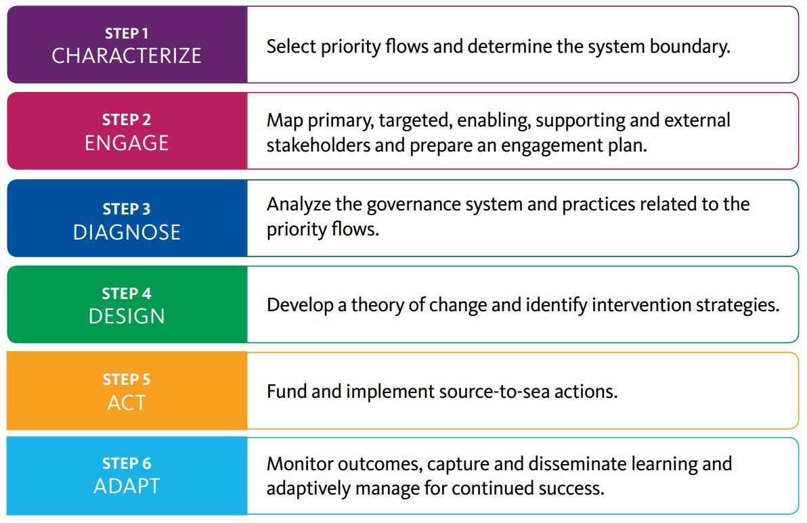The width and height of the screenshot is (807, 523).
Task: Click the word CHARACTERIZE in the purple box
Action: (x=127, y=55)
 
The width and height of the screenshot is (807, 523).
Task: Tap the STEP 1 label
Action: (x=127, y=33)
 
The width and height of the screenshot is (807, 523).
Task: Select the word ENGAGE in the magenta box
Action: (x=127, y=143)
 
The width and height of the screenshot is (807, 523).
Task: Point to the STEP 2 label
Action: (x=127, y=120)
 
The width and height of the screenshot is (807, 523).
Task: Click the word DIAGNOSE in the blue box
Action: (x=127, y=233)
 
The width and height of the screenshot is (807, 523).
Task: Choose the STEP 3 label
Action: (x=127, y=209)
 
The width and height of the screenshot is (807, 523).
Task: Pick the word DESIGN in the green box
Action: (x=127, y=316)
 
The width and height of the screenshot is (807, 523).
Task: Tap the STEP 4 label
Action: (x=127, y=294)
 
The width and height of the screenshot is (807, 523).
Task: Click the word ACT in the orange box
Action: (x=127, y=403)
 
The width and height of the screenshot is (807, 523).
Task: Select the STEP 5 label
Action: (x=127, y=380)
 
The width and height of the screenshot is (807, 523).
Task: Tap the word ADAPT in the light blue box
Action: (x=127, y=486)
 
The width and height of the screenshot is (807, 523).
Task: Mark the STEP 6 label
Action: (x=127, y=463)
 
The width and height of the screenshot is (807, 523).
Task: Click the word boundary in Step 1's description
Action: (x=690, y=47)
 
